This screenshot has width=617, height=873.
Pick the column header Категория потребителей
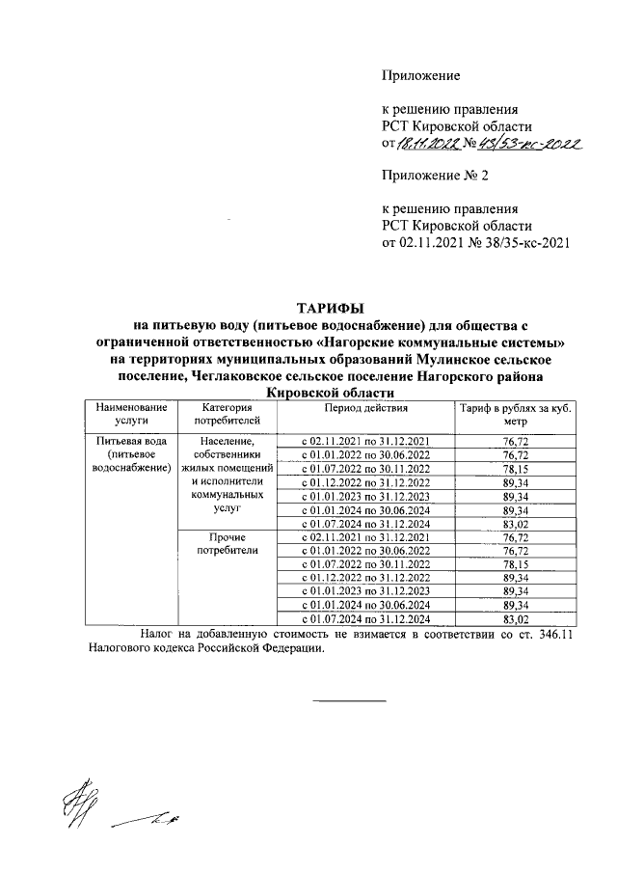(x=228, y=415)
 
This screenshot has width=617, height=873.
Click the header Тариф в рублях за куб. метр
(x=515, y=415)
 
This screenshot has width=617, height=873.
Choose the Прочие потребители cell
(x=228, y=543)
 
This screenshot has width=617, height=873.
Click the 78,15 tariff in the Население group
(x=515, y=469)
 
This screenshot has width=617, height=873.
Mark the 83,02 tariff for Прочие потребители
(x=515, y=618)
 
